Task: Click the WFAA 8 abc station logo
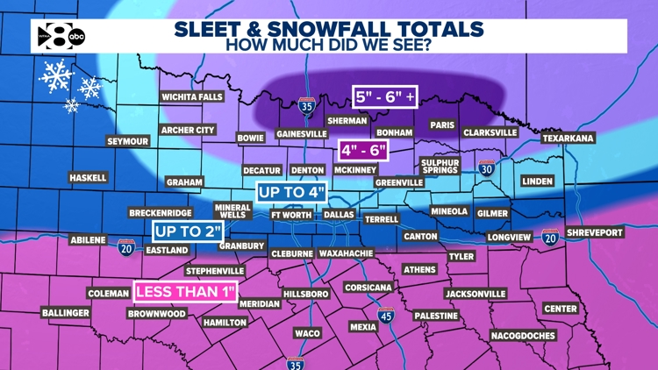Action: pyautogui.click(x=60, y=36)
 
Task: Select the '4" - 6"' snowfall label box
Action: pyautogui.click(x=363, y=150)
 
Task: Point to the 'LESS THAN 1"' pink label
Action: pyautogui.click(x=185, y=291)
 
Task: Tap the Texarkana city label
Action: pyautogui.click(x=568, y=139)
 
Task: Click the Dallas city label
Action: pyautogui.click(x=339, y=214)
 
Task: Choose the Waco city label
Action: pyautogui.click(x=307, y=333)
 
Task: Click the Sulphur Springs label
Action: pyautogui.click(x=440, y=166)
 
